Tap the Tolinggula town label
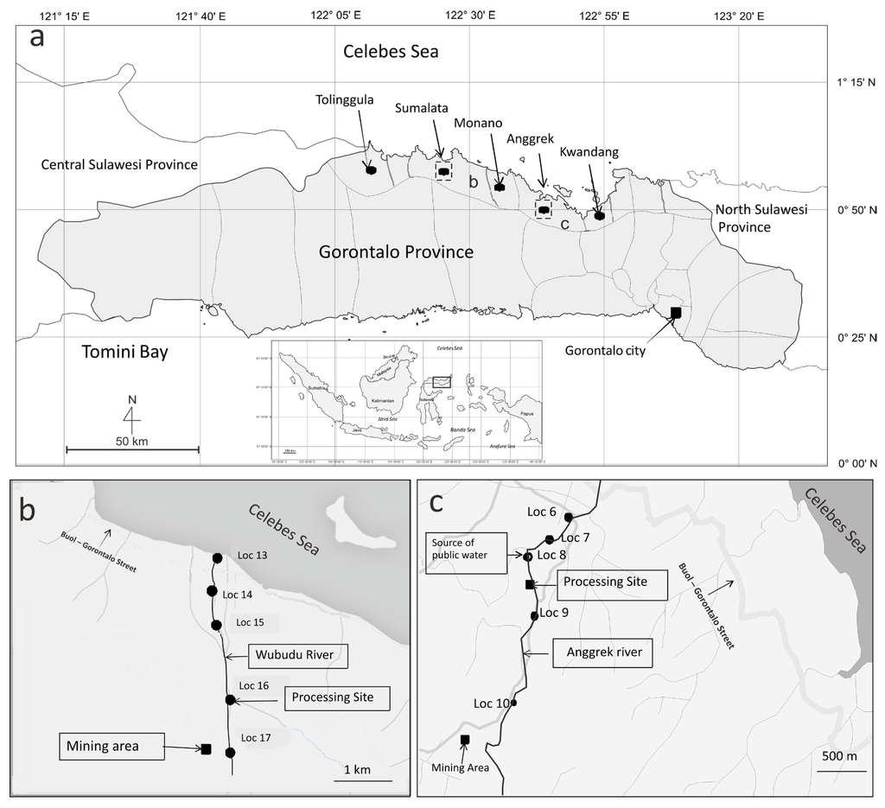tap(344, 99)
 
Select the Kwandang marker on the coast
tap(599, 214)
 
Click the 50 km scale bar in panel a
tap(132, 449)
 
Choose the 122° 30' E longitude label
tap(469, 15)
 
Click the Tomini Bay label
tap(124, 352)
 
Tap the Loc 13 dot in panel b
tap(217, 558)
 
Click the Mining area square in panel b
tap(207, 748)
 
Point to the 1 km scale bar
tap(363, 779)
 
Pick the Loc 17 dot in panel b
tap(230, 752)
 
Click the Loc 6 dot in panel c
tap(568, 517)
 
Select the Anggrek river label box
tap(603, 652)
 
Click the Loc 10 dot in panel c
tap(514, 703)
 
